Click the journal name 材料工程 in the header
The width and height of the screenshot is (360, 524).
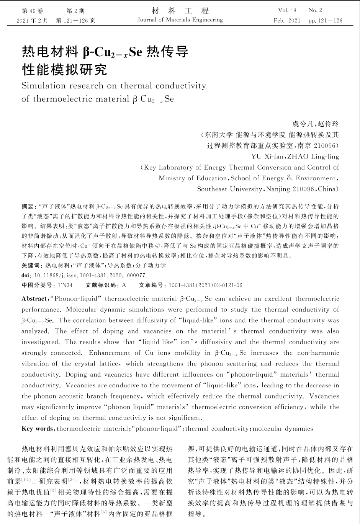[x=180, y=10]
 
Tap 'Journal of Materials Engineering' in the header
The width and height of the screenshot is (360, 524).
[x=180, y=20]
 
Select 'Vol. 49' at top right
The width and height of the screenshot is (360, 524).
[x=287, y=10]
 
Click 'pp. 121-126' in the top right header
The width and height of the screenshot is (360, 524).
[x=325, y=20]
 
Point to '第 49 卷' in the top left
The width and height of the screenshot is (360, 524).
[x=33, y=11]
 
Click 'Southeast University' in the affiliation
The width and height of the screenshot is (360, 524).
[x=229, y=189]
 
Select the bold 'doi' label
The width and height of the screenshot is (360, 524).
[x=26, y=275]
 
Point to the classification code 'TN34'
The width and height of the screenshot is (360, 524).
[x=65, y=285]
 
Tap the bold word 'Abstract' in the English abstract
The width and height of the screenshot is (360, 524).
[x=34, y=299]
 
